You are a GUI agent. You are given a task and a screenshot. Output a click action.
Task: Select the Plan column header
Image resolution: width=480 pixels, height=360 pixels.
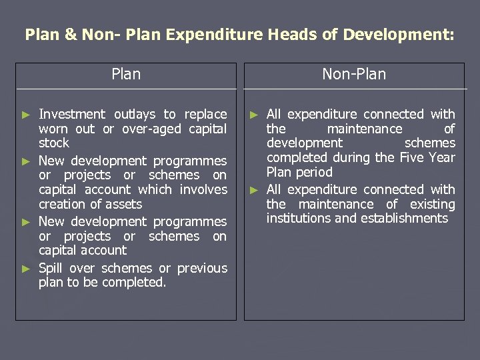pos(126,74)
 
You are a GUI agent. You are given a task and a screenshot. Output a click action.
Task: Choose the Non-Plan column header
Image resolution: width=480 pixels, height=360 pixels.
pos(354,74)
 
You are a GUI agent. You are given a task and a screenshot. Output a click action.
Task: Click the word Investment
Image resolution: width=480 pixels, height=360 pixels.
pos(72,115)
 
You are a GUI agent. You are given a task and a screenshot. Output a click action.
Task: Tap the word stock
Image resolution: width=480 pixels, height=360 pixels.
pos(54,143)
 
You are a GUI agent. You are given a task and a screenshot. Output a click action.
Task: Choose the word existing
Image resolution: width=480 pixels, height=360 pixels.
pos(433,204)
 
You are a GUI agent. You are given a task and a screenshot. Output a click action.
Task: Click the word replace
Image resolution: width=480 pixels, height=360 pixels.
pos(205,115)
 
